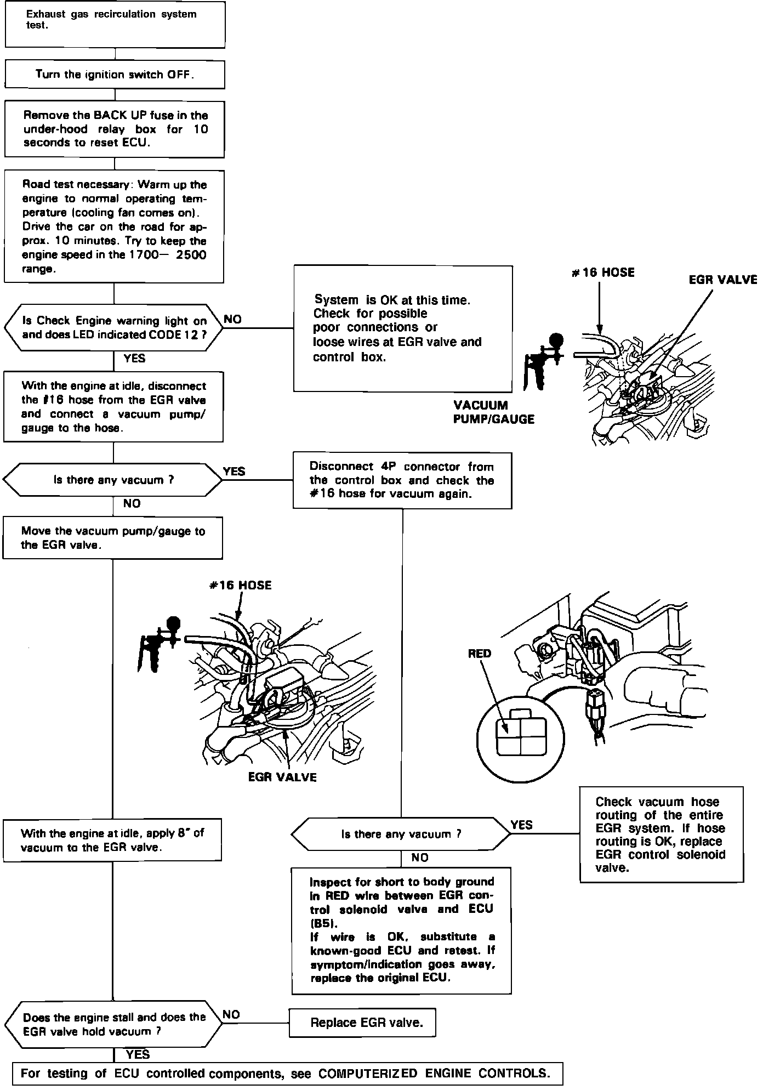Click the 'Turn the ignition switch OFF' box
coord(115,75)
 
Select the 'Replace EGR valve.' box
coord(362,1023)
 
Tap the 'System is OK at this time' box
coord(402,328)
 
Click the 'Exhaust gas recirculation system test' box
coord(115,24)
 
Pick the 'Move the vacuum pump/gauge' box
coord(112,538)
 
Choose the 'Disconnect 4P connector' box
coord(402,480)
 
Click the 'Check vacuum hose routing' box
coord(661,835)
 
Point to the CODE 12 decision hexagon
coord(114,327)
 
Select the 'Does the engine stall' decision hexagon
coord(113,1024)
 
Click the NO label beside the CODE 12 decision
coord(232,320)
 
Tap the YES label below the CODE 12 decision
coord(134,359)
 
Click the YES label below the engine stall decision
coord(137,1054)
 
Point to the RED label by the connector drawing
coord(480,654)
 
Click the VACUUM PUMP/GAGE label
coord(493,412)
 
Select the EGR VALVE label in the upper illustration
coord(722,280)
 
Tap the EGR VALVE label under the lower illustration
coord(282,777)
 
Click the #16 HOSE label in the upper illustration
coord(603,272)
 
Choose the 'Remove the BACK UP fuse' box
coord(115,129)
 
